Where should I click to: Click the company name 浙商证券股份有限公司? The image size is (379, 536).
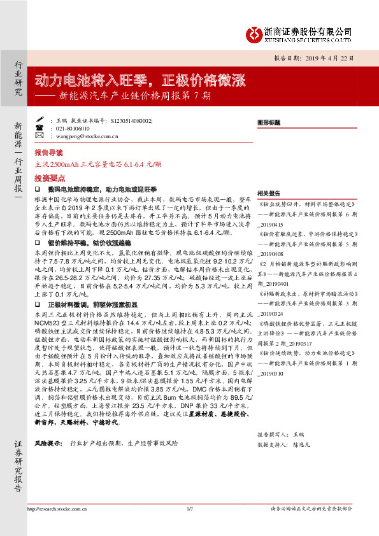(x=308, y=30)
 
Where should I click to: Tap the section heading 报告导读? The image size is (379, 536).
(x=48, y=153)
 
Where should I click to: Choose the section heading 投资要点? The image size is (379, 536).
(x=48, y=179)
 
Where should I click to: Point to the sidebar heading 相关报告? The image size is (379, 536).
(x=269, y=193)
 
